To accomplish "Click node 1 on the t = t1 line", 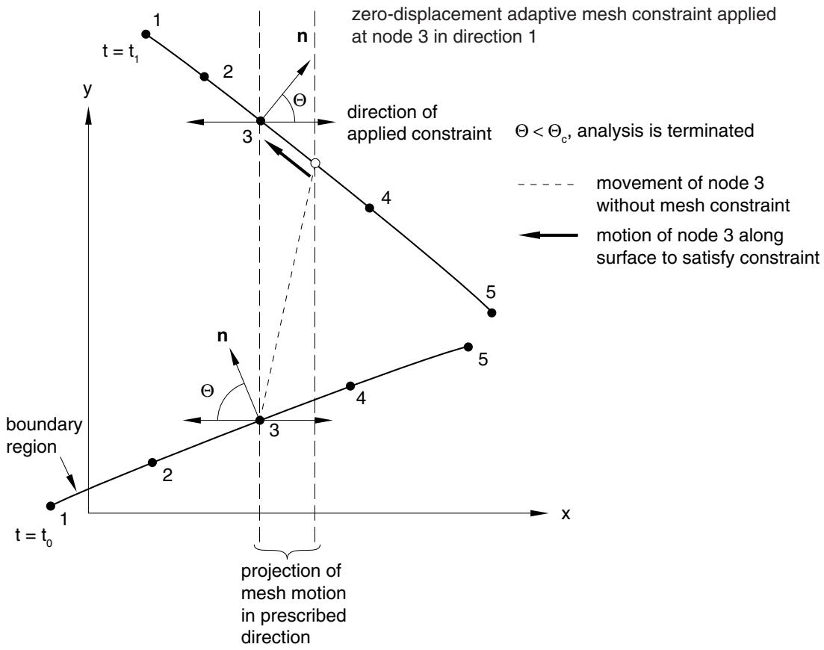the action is point(146,34).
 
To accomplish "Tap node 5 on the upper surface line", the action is point(492,312).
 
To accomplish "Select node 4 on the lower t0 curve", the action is point(350,386).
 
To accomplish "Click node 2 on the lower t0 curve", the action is point(152,462).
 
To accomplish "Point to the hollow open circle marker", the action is point(315,164).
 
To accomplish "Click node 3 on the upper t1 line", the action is point(260,121).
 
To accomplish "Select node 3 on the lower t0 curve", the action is point(260,421).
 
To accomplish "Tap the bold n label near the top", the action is point(302,37).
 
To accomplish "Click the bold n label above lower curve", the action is point(223,335).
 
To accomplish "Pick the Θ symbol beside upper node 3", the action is point(299,100).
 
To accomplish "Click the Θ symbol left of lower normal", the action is point(208,391).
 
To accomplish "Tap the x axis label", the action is point(566,514).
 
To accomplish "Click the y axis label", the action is point(87,90).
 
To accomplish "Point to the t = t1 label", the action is point(121,52).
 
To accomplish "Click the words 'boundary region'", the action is point(44,436).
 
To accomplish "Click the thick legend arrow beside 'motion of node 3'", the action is point(548,235).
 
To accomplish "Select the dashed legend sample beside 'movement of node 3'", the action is point(547,185).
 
